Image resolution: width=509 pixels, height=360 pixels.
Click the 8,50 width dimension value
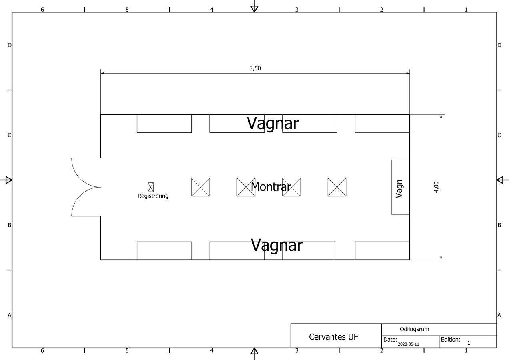coord(255,68)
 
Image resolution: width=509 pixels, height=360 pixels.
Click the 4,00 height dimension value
coord(436,187)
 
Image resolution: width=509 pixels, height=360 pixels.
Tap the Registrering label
coord(153,196)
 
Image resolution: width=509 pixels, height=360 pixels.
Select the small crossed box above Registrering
coord(150,187)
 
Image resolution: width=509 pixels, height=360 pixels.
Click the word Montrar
coord(271,186)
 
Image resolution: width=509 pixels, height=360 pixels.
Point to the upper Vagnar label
coord(273,123)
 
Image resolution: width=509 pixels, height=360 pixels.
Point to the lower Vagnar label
coord(277,245)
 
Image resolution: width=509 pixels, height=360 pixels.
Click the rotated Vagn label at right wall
coord(399,188)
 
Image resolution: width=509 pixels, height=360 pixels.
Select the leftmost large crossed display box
coord(200,187)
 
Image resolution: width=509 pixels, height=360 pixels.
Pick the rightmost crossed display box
coord(337,187)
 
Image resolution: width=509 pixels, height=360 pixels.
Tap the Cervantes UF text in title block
coord(333,337)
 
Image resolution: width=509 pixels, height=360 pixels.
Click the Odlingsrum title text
coord(414,329)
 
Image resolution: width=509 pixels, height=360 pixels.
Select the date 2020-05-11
coord(408,344)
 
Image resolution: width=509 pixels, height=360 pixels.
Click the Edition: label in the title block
coord(450,340)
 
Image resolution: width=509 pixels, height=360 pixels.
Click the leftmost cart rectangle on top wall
coord(164,124)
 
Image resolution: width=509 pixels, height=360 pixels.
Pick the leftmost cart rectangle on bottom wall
coord(164,251)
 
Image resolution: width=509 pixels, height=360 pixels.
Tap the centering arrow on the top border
coord(254,8)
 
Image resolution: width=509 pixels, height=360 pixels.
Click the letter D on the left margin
coord(9,45)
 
